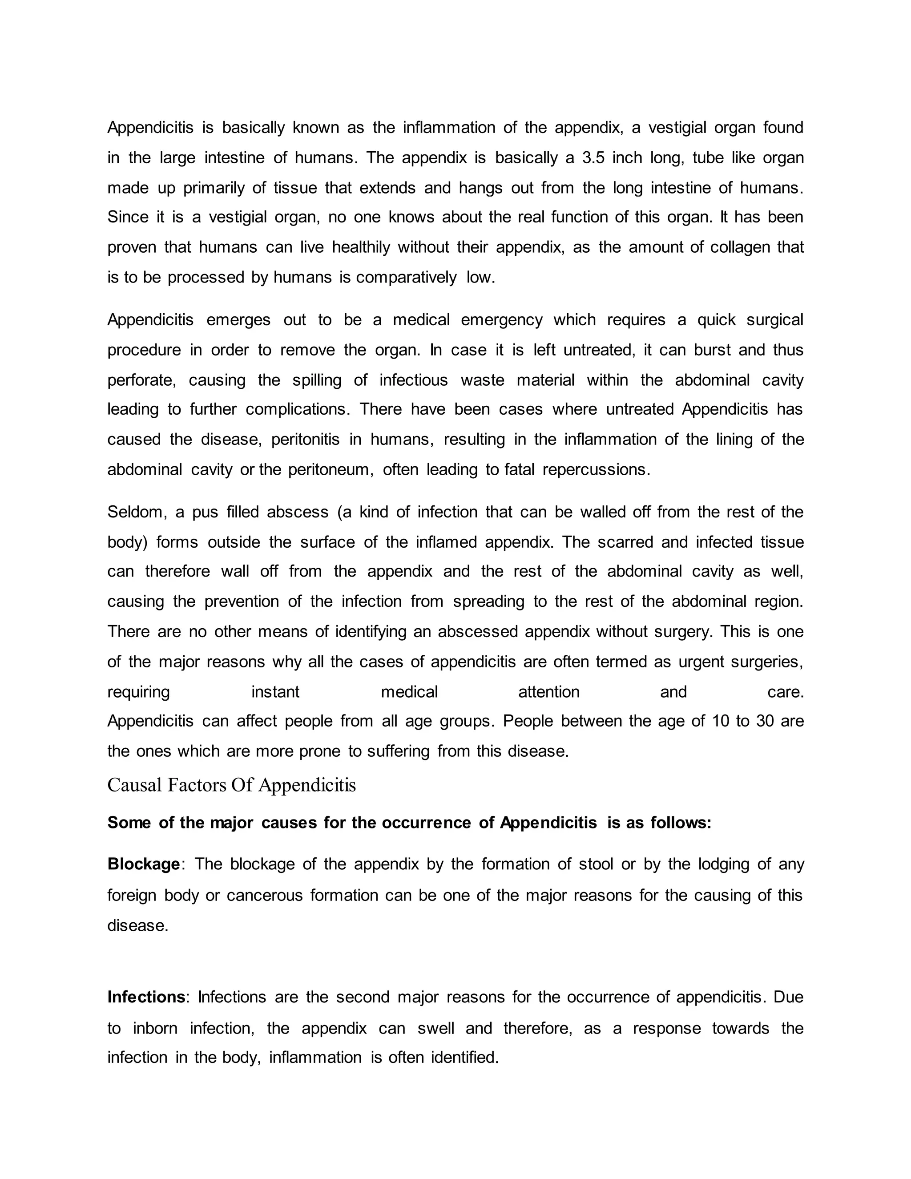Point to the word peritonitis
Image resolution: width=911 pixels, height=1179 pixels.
(306, 440)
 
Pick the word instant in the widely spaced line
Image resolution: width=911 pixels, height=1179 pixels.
(275, 692)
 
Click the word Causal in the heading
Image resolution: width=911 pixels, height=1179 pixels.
(134, 785)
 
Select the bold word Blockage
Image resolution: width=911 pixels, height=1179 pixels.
(144, 864)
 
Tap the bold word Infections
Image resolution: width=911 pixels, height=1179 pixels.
(146, 997)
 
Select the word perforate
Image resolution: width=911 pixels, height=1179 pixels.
(141, 380)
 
